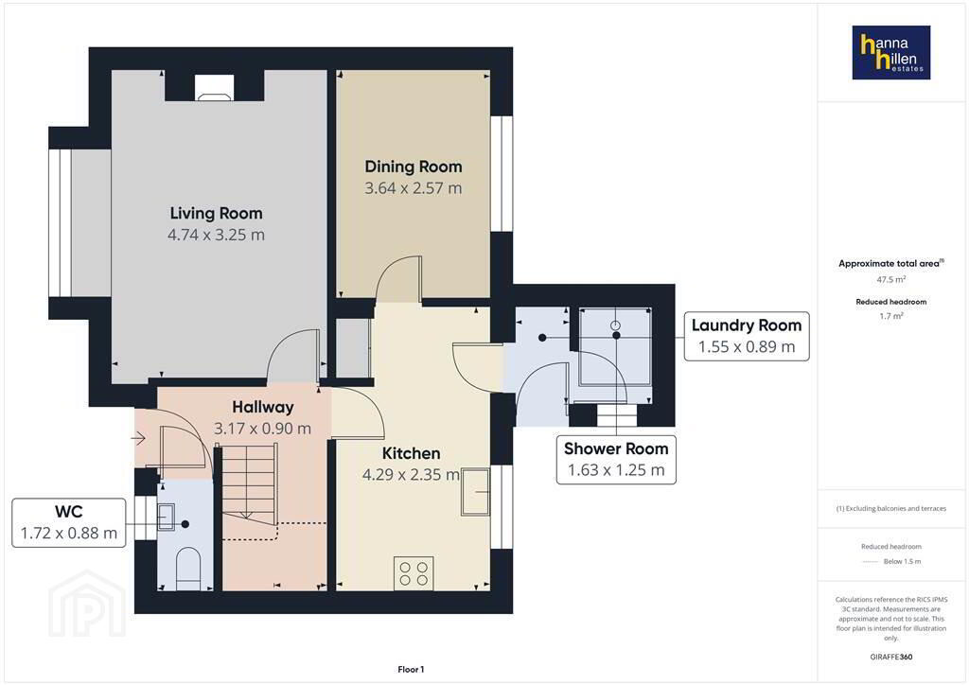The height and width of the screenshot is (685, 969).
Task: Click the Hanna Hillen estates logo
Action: click(x=890, y=52)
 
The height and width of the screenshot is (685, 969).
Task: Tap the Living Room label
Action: click(x=217, y=213)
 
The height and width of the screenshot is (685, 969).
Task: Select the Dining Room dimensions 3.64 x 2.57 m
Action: click(x=413, y=187)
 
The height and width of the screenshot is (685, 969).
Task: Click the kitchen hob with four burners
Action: click(x=414, y=573)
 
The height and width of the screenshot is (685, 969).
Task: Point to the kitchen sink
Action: click(x=475, y=492)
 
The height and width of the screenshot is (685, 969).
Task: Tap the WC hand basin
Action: click(x=167, y=517)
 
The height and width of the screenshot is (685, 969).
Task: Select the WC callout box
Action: click(x=68, y=522)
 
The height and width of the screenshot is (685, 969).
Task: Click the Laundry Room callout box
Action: click(x=747, y=336)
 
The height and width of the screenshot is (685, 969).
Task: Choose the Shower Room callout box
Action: click(x=616, y=460)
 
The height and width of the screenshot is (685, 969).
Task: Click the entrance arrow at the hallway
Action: click(x=138, y=439)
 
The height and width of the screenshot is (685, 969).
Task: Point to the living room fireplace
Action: click(x=215, y=87)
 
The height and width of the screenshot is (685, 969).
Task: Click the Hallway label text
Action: click(x=263, y=407)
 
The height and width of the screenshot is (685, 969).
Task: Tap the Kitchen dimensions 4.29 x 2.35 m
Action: click(x=411, y=474)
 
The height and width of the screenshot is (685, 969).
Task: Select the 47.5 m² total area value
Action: click(x=891, y=279)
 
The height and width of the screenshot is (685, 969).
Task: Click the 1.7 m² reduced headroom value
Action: click(x=891, y=316)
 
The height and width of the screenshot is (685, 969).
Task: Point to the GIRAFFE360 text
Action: click(x=891, y=657)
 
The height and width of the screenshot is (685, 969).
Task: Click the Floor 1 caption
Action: click(x=411, y=670)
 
